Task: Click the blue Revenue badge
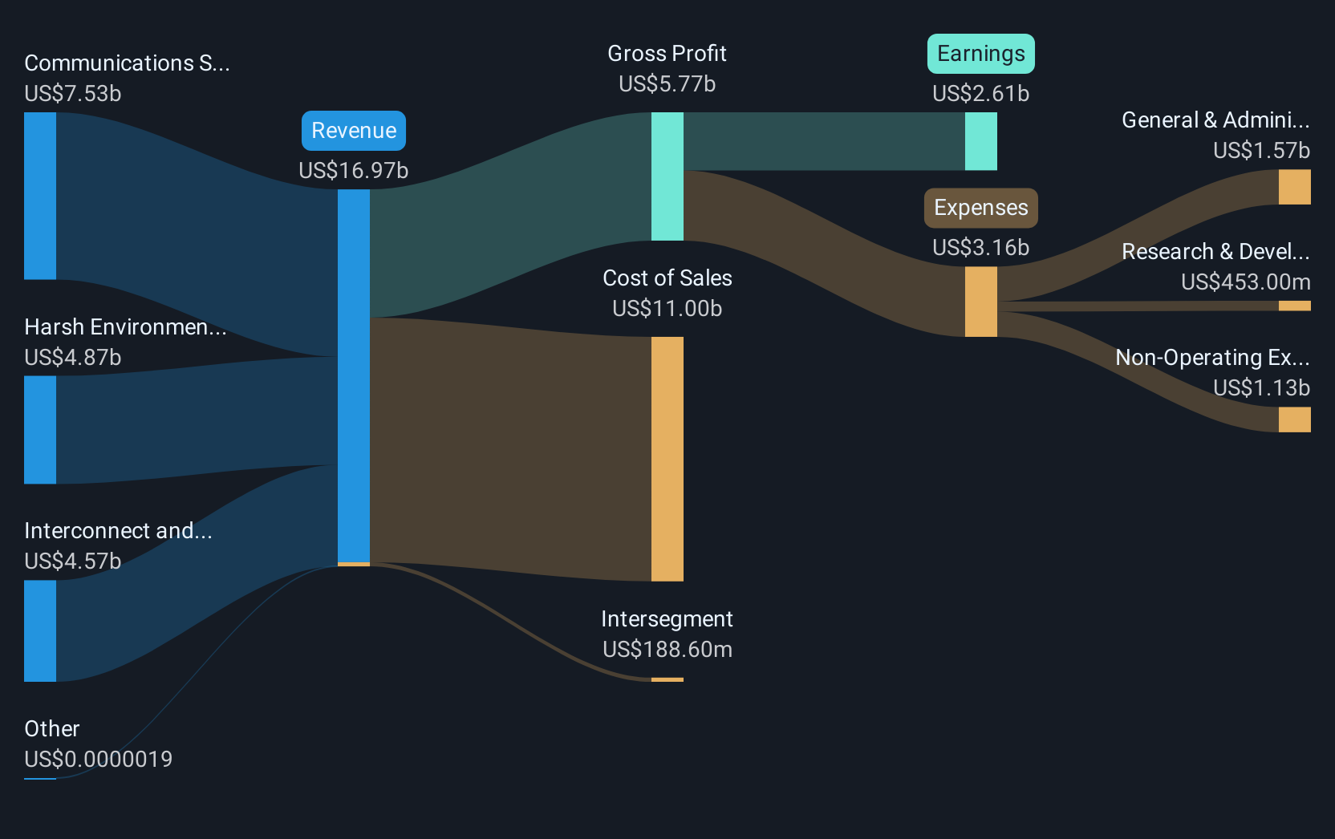click(354, 131)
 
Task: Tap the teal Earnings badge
click(981, 54)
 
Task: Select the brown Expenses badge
click(981, 208)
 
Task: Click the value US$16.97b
click(354, 170)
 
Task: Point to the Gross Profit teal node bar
click(667, 176)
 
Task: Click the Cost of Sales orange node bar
click(667, 459)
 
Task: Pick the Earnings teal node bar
click(981, 141)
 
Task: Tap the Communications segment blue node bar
click(40, 196)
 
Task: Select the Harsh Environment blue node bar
click(40, 430)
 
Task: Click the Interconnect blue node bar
click(40, 631)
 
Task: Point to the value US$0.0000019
click(99, 759)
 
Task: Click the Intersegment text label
click(667, 619)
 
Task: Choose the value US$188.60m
click(667, 650)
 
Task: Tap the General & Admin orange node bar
click(1294, 187)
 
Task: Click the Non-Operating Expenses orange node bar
click(1294, 419)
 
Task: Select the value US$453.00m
click(1246, 282)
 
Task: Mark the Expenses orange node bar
click(981, 302)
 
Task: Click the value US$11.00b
click(667, 309)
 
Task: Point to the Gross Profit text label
click(667, 54)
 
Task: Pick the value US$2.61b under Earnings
click(981, 94)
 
